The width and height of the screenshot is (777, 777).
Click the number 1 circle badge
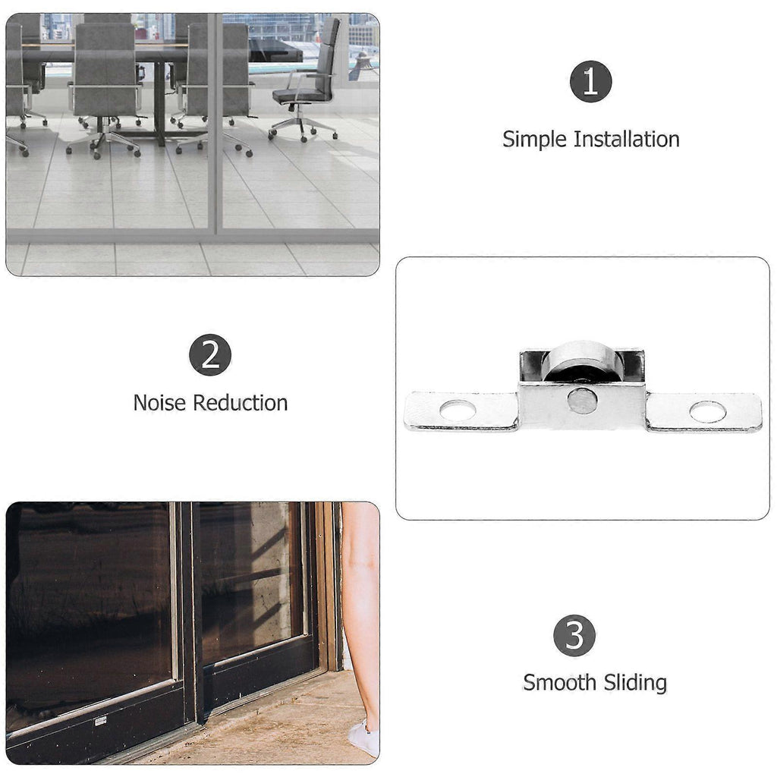tap(590, 81)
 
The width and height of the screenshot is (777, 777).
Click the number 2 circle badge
tap(210, 355)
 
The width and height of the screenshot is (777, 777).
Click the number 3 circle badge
tap(574, 635)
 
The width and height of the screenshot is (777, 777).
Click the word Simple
tap(534, 140)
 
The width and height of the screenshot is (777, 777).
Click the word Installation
tap(626, 139)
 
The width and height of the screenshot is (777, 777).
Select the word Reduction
tap(241, 402)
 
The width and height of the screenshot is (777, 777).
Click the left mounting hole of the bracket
tap(458, 411)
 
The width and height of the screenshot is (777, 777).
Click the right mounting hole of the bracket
tap(708, 412)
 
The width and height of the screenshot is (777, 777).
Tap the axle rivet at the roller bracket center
tap(582, 401)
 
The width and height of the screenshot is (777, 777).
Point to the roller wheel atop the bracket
tap(580, 360)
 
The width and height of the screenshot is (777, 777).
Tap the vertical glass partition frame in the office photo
tap(212, 124)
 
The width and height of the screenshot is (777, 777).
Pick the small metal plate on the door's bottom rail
tap(101, 721)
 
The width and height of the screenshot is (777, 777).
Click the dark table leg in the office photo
tap(159, 104)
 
